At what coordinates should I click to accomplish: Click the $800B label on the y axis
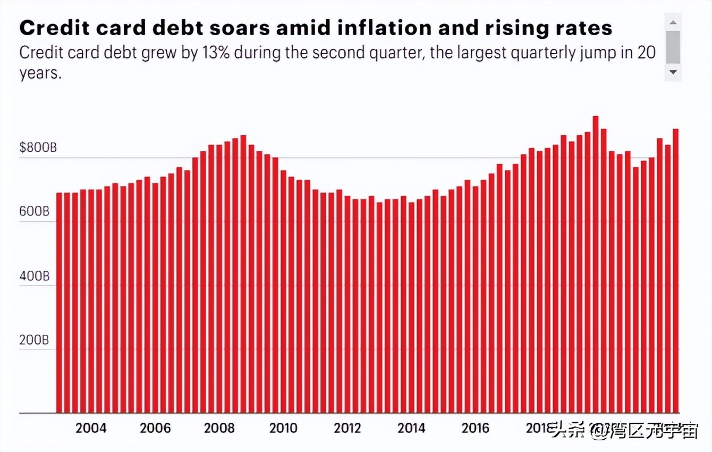[38, 148]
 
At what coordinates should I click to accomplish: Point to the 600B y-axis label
[34, 212]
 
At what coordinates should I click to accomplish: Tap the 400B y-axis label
[34, 276]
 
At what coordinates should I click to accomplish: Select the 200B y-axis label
[34, 340]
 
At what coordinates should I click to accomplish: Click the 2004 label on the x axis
[91, 428]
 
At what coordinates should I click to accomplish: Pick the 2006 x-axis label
[155, 428]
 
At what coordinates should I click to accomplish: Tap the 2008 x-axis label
[219, 428]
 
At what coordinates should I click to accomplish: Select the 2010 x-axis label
[284, 428]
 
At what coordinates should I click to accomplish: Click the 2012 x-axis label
[347, 428]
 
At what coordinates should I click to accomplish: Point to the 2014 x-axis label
[412, 428]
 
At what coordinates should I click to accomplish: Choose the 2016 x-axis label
[476, 428]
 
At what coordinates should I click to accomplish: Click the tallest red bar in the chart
[596, 266]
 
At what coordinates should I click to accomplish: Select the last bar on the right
[675, 271]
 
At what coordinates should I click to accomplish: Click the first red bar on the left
[60, 303]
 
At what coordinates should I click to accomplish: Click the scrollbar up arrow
[673, 22]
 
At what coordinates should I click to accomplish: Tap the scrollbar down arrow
[673, 72]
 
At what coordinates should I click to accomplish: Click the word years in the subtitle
[40, 73]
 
